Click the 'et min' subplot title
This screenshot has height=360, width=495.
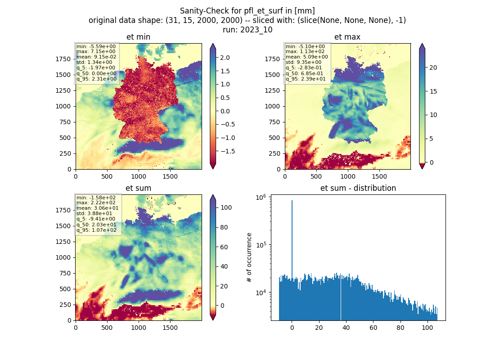(138, 37)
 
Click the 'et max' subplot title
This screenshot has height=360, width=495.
(347, 37)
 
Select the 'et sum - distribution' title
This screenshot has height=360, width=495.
(358, 188)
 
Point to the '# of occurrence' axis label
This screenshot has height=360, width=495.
(249, 258)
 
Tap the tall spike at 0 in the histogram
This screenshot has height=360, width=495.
(292, 240)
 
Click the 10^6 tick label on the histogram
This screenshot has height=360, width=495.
(261, 198)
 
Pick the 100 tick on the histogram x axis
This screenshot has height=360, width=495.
(427, 328)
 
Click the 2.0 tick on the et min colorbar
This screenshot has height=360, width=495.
(225, 58)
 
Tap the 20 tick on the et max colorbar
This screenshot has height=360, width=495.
(433, 67)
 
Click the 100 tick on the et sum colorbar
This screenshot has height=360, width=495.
(226, 207)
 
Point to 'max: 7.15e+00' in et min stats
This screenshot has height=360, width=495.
(96, 51)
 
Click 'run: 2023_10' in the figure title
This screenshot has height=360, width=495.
(247, 30)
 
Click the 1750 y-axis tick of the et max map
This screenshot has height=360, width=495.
(272, 59)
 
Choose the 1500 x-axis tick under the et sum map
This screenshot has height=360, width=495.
(170, 328)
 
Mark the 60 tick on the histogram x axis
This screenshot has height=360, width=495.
(373, 328)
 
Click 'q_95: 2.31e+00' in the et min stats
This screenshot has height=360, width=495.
(96, 79)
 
